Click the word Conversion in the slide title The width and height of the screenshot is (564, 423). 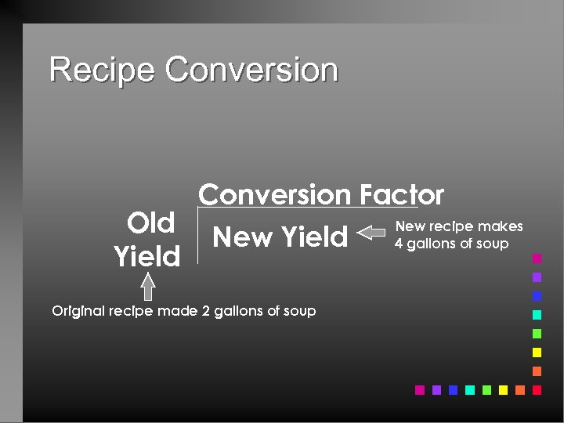pyautogui.click(x=251, y=70)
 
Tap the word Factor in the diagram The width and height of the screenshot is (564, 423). pyautogui.click(x=402, y=194)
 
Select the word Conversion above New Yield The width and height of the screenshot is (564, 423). pyautogui.click(x=274, y=194)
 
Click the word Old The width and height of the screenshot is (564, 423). pyautogui.click(x=150, y=223)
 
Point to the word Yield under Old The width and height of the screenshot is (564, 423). pyautogui.click(x=146, y=256)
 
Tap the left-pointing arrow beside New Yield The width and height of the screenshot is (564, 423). pyautogui.click(x=372, y=233)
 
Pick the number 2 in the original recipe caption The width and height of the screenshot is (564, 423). pyautogui.click(x=206, y=311)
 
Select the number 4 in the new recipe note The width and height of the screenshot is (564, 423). pyautogui.click(x=399, y=244)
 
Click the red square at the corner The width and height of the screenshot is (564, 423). pyautogui.click(x=537, y=389)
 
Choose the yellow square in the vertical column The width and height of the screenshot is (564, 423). pyautogui.click(x=537, y=352)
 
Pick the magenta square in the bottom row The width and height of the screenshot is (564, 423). pyautogui.click(x=420, y=389)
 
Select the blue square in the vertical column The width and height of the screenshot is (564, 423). pyautogui.click(x=537, y=296)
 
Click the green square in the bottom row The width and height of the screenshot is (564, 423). pyautogui.click(x=486, y=389)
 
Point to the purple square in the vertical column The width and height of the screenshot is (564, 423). pyautogui.click(x=537, y=277)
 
